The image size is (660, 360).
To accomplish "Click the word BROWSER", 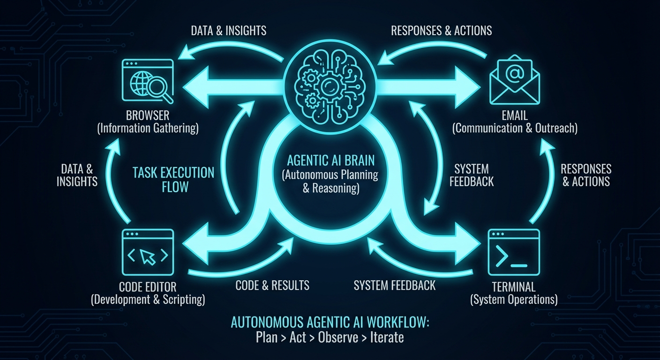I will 148,115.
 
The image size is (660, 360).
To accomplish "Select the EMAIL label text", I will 514,115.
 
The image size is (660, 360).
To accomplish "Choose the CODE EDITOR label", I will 148,287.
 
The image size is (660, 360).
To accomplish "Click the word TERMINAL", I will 514,287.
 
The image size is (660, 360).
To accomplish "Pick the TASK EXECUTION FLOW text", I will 173,180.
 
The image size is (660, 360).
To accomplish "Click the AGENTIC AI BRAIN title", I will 330,161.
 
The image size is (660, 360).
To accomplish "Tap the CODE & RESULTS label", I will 272,285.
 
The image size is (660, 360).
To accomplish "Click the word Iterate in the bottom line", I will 387,337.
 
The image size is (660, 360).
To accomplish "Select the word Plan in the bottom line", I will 267,337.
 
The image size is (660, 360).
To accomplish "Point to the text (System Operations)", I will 514,300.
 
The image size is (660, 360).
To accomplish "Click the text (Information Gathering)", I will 148,128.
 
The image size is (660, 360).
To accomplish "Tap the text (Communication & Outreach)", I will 514,128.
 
